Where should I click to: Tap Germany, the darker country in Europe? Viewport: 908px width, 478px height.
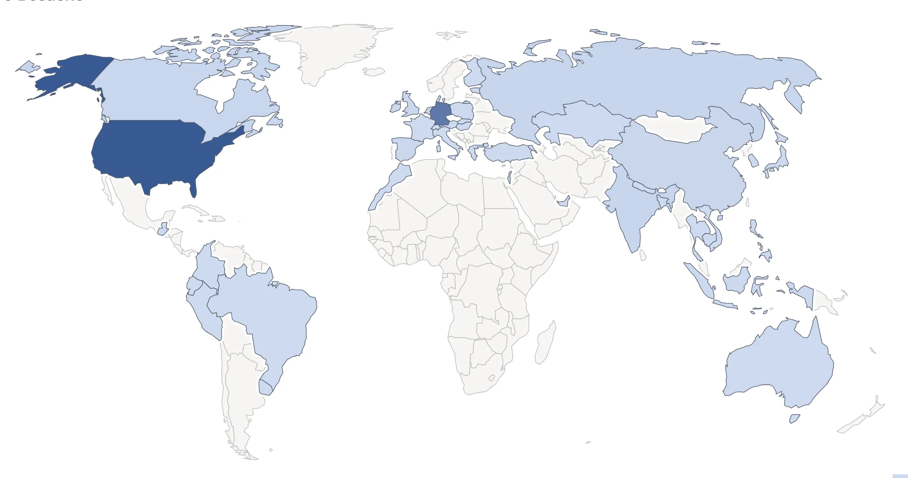coord(440,113)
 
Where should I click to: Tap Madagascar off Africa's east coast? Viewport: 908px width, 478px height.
coord(545,343)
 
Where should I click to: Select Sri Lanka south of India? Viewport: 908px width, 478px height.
coord(643,255)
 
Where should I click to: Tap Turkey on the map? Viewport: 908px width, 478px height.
coord(508,152)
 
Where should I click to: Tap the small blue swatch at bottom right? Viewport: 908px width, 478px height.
coord(900,476)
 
